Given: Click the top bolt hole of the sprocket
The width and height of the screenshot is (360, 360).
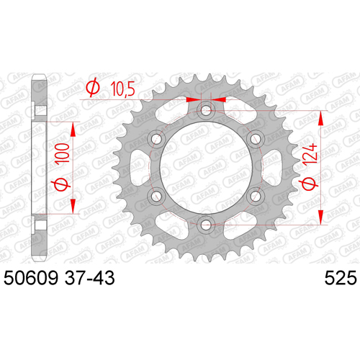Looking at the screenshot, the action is coord(206,111).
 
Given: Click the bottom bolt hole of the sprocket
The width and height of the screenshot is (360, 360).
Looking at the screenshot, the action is coord(206,225).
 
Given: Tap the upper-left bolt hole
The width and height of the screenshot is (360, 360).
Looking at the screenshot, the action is coord(156,139).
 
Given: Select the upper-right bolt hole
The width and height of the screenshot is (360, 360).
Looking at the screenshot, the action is coord(256,139).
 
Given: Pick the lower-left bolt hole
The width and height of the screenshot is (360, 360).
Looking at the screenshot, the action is coord(156,197).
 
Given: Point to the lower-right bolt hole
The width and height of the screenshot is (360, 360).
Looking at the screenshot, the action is coord(256,197).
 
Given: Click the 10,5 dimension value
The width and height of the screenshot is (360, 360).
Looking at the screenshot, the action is coord(122,89).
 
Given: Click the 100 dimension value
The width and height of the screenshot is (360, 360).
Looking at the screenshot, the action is coord(62,153).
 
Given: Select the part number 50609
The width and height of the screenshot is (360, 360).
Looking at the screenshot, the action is coord(31,278).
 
